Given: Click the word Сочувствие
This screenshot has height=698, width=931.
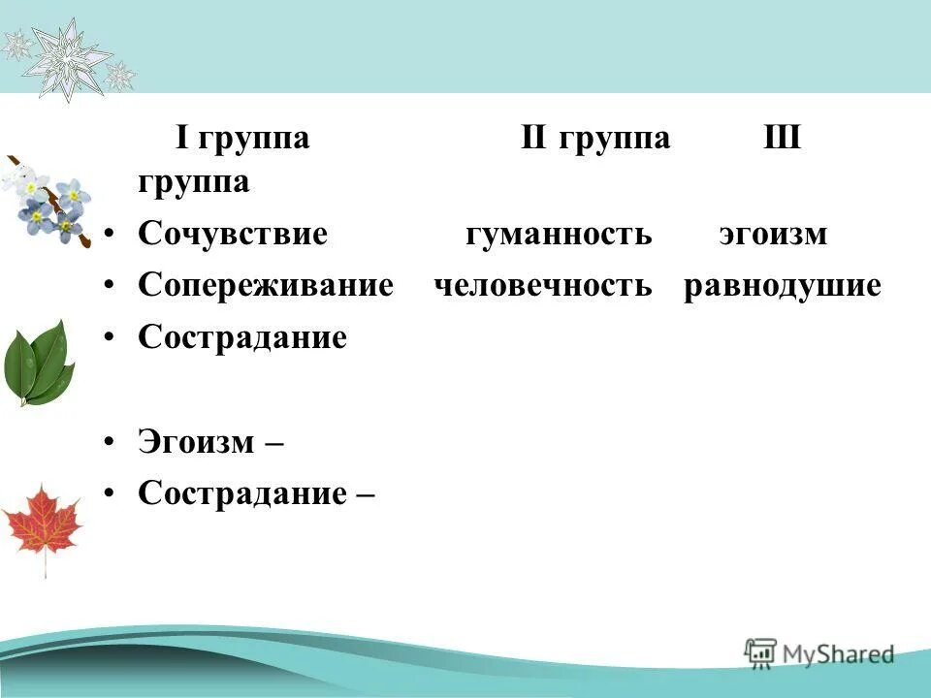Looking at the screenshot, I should click(233, 235).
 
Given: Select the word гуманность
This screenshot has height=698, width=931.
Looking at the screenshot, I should click(559, 235).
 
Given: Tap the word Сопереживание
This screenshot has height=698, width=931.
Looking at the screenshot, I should click(265, 286).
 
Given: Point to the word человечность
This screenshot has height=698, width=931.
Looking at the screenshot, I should click(543, 286).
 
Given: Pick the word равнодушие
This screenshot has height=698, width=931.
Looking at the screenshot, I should click(782, 286).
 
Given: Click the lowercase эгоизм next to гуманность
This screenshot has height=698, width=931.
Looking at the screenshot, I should click(773, 235).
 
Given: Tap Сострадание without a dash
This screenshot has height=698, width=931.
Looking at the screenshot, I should click(242, 338).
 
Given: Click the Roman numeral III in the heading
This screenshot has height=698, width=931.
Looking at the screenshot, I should click(782, 138).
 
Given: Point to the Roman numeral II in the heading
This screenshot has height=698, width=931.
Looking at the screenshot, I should click(535, 138).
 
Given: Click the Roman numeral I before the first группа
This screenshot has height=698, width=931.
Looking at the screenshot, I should click(181, 138).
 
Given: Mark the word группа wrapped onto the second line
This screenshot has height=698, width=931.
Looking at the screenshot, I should click(194, 182).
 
